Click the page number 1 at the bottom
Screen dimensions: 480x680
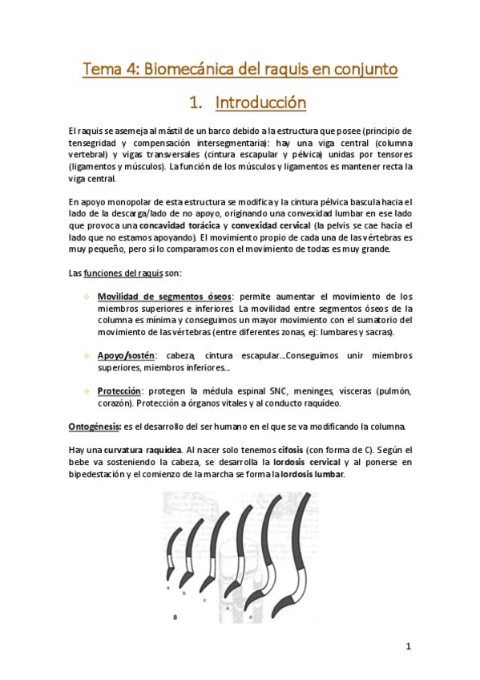click(x=408, y=646)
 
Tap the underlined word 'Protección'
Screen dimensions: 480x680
click(x=119, y=391)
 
